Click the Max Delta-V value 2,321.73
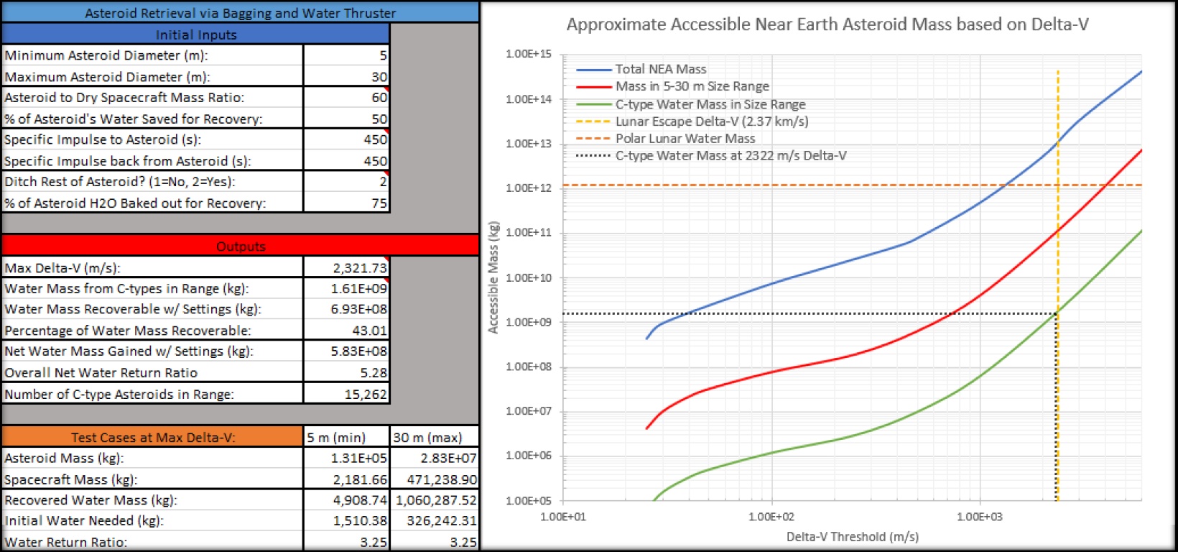pyautogui.click(x=360, y=268)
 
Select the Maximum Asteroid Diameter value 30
pyautogui.click(x=379, y=77)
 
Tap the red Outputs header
pyautogui.click(x=241, y=247)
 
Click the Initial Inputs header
pyautogui.click(x=195, y=34)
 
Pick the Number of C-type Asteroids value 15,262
pyautogui.click(x=366, y=394)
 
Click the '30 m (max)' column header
pyautogui.click(x=427, y=437)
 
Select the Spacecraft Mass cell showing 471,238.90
pyautogui.click(x=442, y=479)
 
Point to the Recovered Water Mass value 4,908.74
pyautogui.click(x=360, y=500)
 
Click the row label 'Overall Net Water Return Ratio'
pyautogui.click(x=101, y=372)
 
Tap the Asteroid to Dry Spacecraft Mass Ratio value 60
pyautogui.click(x=379, y=97)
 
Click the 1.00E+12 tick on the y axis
pyautogui.click(x=529, y=188)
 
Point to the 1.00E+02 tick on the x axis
pyautogui.click(x=771, y=517)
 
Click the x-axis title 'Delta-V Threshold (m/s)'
pyautogui.click(x=853, y=537)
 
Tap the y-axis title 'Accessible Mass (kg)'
pyautogui.click(x=493, y=277)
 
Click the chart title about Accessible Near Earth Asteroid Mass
pyautogui.click(x=827, y=24)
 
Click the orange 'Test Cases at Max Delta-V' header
pyautogui.click(x=153, y=437)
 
